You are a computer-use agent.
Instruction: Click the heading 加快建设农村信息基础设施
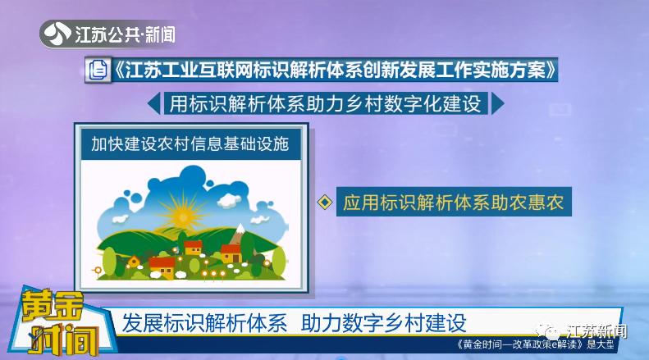point(190,146)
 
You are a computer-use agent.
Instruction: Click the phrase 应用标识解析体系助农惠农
point(454,203)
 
